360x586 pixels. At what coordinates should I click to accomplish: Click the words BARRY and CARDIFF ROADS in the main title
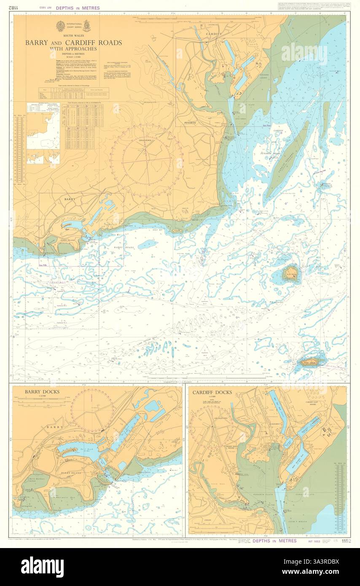pyautogui.click(x=73, y=43)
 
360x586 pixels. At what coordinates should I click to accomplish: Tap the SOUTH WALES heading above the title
pyautogui.click(x=73, y=36)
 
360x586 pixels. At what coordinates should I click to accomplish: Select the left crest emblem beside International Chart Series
pyautogui.click(x=60, y=26)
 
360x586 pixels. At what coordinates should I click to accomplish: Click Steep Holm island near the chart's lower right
pyautogui.click(x=312, y=361)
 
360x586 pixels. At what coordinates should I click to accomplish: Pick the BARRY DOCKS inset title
pyautogui.click(x=42, y=392)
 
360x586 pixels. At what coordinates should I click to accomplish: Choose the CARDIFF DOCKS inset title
pyautogui.click(x=212, y=392)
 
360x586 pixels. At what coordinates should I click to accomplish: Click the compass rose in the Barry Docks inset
pyautogui.click(x=92, y=410)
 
